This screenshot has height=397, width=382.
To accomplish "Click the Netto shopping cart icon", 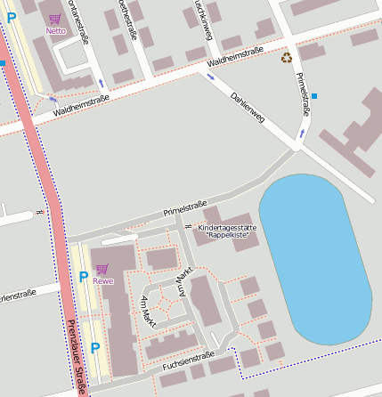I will (55, 19).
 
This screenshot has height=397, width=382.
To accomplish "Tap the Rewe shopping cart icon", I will (102, 269).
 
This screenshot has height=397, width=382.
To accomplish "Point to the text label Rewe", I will (102, 281).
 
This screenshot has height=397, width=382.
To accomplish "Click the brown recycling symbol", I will (287, 58).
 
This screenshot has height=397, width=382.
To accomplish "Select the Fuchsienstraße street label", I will (188, 360).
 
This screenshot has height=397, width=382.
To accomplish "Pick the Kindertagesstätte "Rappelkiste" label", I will (226, 231).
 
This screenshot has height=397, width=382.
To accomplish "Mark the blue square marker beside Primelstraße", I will (313, 95).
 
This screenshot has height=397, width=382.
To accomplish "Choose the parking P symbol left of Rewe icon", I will (84, 277).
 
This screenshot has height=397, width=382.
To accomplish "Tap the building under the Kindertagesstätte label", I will (230, 245).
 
